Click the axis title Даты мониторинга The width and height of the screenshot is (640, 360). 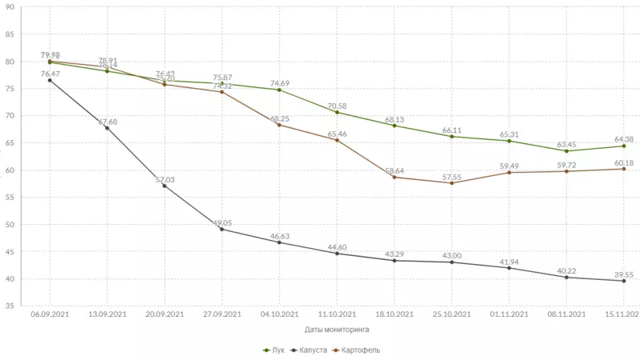(337, 328)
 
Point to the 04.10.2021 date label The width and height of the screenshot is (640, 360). (279, 314)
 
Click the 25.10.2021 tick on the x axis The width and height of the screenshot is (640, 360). (451, 314)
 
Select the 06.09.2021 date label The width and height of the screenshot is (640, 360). (50, 314)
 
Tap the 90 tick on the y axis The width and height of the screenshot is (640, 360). (10, 7)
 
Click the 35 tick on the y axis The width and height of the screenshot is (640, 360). (10, 306)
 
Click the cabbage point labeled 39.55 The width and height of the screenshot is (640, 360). (624, 281)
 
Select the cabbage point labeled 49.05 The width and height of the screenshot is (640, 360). (222, 230)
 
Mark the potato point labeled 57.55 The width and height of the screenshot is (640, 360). (452, 183)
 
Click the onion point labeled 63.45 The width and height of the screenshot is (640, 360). (566, 151)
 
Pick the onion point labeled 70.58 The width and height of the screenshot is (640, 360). (337, 112)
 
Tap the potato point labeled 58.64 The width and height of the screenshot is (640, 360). (394, 177)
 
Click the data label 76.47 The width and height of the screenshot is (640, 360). (50, 73)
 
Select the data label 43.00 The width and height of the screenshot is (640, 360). (452, 254)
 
